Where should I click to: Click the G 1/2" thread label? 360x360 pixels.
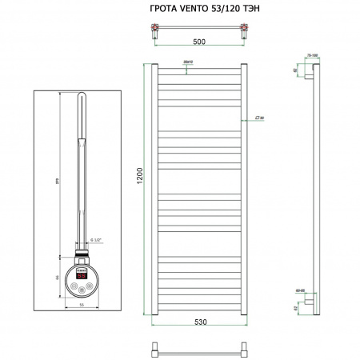tap(98, 238)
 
